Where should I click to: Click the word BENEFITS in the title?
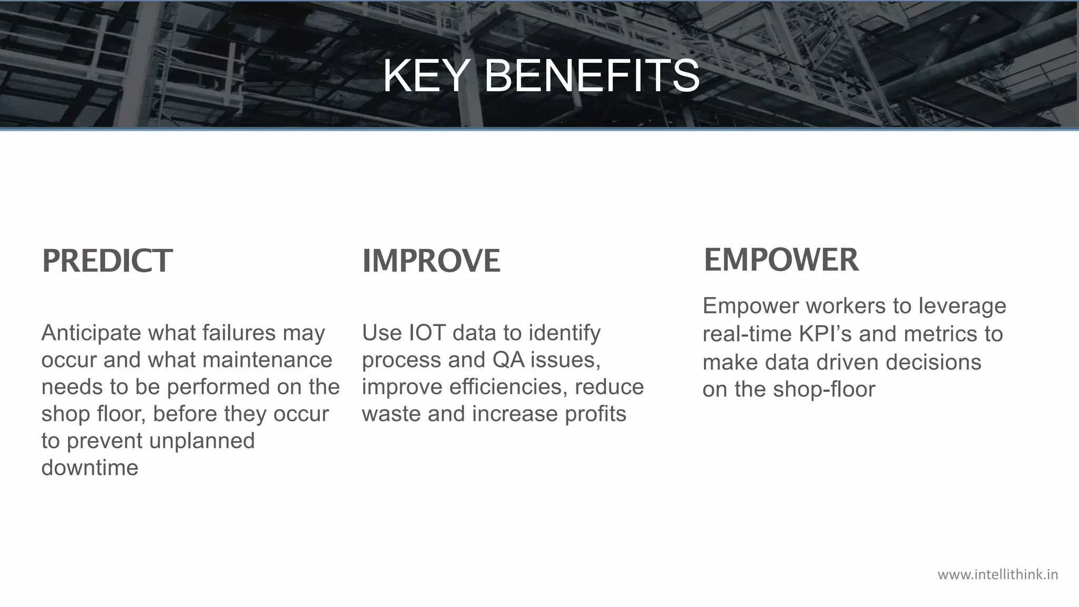pyautogui.click(x=591, y=76)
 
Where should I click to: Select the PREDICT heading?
pyautogui.click(x=107, y=261)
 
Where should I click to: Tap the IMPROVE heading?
pyautogui.click(x=431, y=261)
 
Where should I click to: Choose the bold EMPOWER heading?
pyautogui.click(x=781, y=260)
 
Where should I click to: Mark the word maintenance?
pyautogui.click(x=267, y=360)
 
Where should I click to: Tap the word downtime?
pyautogui.click(x=90, y=468)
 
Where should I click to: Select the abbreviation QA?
pyautogui.click(x=508, y=360)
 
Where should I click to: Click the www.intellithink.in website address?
pyautogui.click(x=998, y=574)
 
